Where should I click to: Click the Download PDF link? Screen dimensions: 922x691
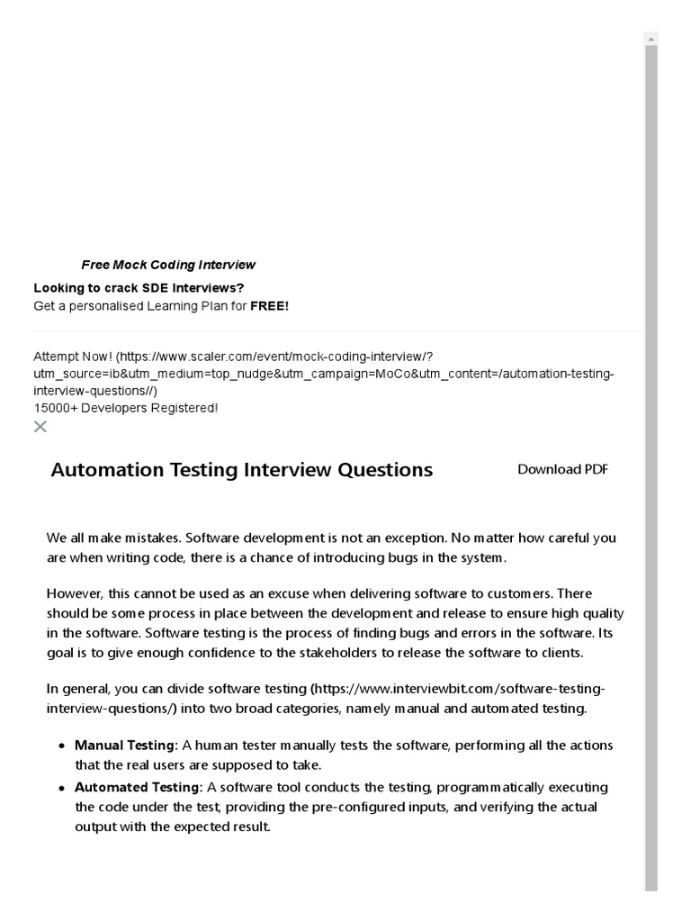coord(562,469)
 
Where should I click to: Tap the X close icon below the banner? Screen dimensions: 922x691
coord(40,426)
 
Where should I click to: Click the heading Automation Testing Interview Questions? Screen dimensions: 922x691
coord(241,470)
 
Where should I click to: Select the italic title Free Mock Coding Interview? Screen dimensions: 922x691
coord(168,265)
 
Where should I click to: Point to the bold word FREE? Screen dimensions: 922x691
coord(269,306)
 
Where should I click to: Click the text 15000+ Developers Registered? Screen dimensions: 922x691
coord(125,408)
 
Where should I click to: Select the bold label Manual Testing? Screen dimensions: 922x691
coord(126,746)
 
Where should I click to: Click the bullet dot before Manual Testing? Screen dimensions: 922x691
coord(61,746)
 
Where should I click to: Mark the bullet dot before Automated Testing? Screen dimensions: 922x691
coord(61,788)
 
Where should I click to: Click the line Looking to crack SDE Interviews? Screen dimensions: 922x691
coord(139,288)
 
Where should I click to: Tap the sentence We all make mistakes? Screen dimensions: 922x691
coord(114,538)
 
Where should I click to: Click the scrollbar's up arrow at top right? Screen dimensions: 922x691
coord(651,39)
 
